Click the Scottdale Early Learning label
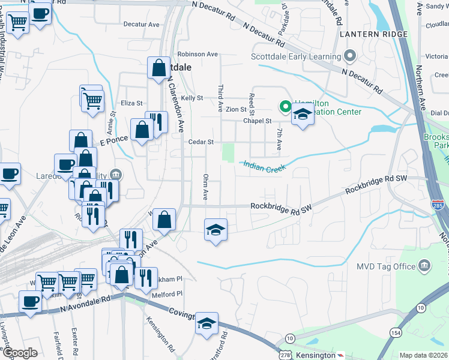click(295, 58)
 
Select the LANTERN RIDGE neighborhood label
click(373, 34)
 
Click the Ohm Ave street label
click(205, 187)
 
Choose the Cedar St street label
click(201, 142)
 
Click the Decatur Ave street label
click(141, 25)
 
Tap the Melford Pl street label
click(167, 294)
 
